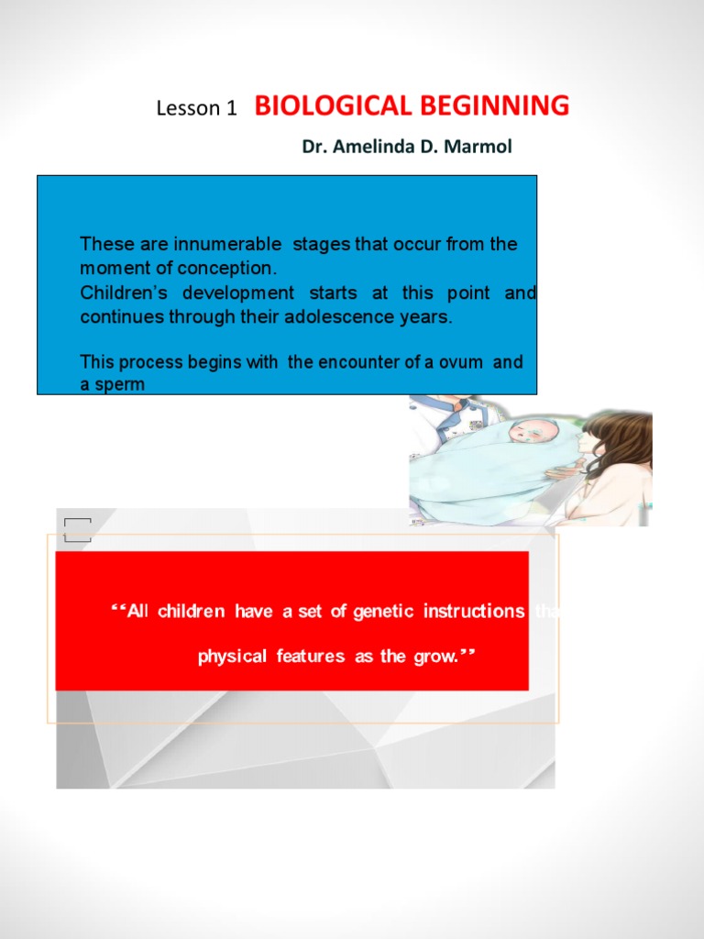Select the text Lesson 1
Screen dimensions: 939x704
[196, 108]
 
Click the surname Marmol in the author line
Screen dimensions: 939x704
[478, 146]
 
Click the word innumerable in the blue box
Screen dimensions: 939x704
[227, 245]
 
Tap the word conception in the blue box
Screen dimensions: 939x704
[228, 269]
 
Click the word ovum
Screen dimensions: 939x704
[458, 362]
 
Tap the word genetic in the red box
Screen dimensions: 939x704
[384, 612]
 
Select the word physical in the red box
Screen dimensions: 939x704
[232, 657]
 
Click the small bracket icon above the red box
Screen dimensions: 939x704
[78, 529]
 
